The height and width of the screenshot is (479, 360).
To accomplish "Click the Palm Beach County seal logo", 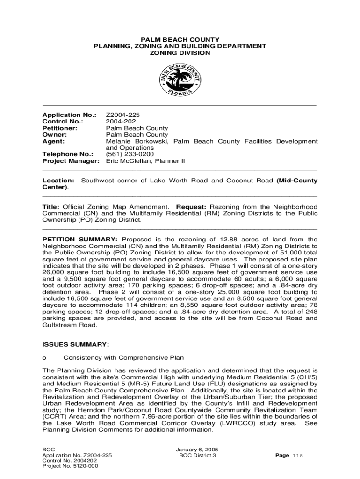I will tap(180, 80).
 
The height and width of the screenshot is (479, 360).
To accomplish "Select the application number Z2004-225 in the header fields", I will tap(122, 115).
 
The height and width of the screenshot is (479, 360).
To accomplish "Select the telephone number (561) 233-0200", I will tap(130, 154).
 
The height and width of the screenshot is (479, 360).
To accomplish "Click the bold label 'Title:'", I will tap(50, 207).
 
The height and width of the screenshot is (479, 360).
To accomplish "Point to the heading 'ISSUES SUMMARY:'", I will tap(76, 345).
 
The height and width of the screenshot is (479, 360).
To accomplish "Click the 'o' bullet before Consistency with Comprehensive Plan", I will tap(44, 358).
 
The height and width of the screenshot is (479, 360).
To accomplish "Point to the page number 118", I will tap(297, 456).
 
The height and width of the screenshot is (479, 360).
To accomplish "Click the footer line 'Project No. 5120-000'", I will tap(70, 466).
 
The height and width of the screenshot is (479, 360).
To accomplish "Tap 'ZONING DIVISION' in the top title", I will tap(180, 53).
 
